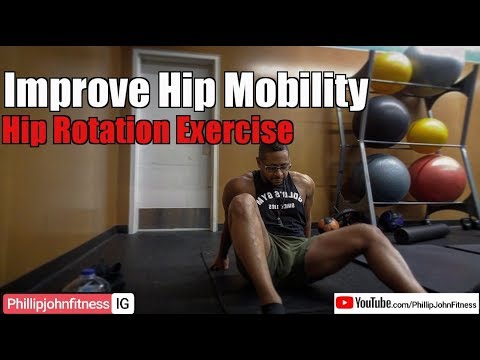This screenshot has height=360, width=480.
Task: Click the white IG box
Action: click(x=123, y=301)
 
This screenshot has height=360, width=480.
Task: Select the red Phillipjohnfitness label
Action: click(x=56, y=301)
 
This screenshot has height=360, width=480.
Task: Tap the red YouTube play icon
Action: click(x=344, y=300)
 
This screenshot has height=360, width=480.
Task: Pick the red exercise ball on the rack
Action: click(x=438, y=177)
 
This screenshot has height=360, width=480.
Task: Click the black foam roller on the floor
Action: click(x=420, y=234)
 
